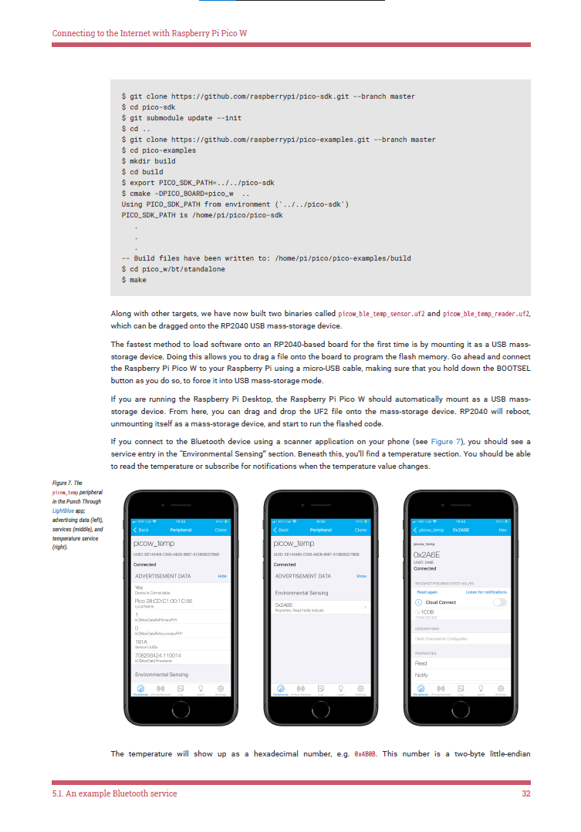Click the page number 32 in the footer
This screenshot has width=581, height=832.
click(x=526, y=793)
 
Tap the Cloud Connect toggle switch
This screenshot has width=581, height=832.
click(x=499, y=601)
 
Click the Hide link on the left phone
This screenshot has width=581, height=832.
click(x=222, y=576)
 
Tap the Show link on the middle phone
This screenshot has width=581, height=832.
click(x=361, y=576)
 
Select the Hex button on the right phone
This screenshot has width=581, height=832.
click(x=502, y=530)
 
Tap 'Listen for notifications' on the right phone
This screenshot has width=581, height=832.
click(x=487, y=591)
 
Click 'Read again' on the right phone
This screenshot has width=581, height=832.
click(x=427, y=591)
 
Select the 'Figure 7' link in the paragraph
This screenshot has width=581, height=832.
click(x=446, y=442)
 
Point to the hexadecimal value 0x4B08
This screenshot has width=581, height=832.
click(x=365, y=753)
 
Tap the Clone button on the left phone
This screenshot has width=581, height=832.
click(x=221, y=530)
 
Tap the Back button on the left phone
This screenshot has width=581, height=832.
click(x=141, y=530)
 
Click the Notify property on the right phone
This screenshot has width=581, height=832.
click(x=421, y=675)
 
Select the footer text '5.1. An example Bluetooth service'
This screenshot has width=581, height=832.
click(x=114, y=793)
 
